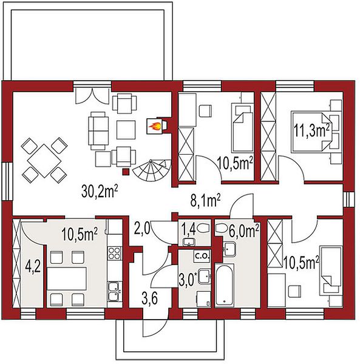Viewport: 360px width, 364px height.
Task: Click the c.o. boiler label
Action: point(202,256)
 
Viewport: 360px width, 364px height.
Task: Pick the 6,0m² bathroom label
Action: point(243,231)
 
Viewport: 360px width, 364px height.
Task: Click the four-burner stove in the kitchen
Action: point(115,253)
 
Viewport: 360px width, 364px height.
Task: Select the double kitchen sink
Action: point(115,291)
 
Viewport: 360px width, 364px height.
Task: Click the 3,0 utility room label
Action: point(188,280)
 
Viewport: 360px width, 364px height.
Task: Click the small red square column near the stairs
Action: point(126,172)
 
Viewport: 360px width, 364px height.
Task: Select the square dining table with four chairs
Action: point(44,160)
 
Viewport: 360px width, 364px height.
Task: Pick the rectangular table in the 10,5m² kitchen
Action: point(67,278)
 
